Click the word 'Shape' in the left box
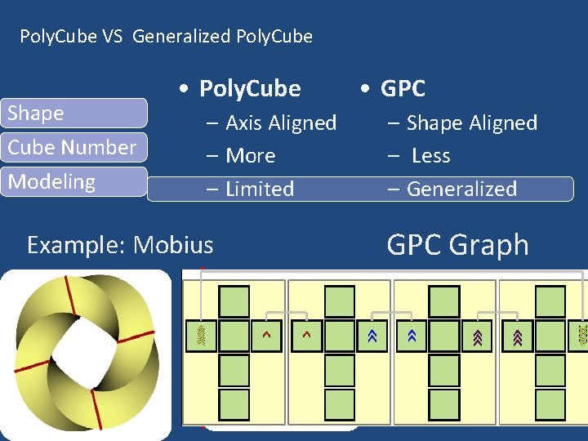pos(36,114)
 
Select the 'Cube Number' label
pos(72,148)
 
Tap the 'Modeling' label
pos(51,182)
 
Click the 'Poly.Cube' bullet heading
pos(250,88)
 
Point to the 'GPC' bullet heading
pos(403,88)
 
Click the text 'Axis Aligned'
pos(280,123)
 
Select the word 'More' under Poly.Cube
pos(250,156)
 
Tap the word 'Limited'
pos(259,189)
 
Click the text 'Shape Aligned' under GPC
pos(471,123)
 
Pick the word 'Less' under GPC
pos(430,156)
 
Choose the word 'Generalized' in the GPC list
pos(461,189)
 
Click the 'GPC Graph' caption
pos(457,245)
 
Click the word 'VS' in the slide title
pos(111,37)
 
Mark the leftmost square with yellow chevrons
pos(201,335)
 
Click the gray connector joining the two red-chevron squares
pos(286,312)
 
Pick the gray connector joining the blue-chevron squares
pos(391,312)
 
